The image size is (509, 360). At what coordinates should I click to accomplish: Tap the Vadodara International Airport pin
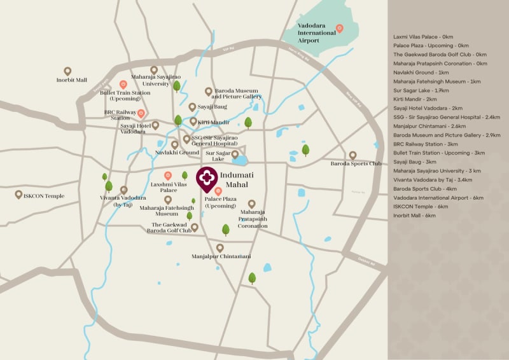(339, 28)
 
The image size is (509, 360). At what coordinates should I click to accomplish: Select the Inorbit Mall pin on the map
(68, 71)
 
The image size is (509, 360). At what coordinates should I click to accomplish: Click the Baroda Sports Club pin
(352, 155)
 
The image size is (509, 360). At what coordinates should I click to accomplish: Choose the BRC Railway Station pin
(141, 113)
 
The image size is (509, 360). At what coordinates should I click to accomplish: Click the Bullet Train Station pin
(123, 84)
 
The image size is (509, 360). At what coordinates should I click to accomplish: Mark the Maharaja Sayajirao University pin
(154, 70)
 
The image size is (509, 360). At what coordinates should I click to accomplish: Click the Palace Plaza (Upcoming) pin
(218, 191)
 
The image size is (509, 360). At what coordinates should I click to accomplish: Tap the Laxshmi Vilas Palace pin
(168, 175)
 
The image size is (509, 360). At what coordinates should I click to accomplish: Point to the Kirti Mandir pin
(193, 120)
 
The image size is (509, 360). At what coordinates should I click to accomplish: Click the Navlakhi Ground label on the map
(177, 153)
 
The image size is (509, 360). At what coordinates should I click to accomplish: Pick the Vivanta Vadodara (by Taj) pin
(123, 190)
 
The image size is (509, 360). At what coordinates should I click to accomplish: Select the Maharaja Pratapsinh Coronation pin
(252, 204)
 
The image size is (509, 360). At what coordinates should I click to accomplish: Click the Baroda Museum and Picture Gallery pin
(208, 92)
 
